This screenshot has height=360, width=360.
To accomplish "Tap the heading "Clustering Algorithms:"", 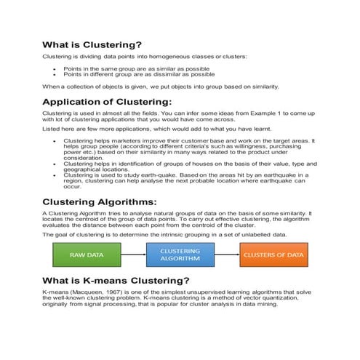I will [100, 201].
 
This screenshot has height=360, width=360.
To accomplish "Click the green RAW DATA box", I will [86, 255].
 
